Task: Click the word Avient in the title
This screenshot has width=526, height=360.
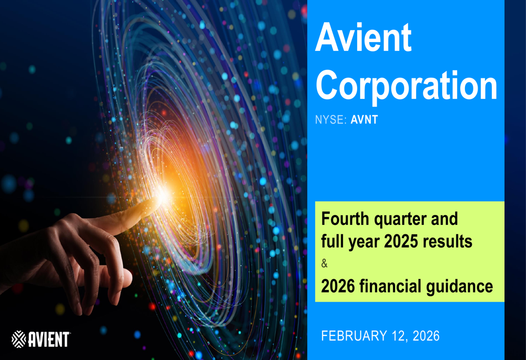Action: tap(363, 38)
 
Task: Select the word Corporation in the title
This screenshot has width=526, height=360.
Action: tap(406, 86)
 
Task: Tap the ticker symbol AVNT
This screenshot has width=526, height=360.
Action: tap(364, 120)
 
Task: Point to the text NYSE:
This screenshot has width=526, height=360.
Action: tap(331, 120)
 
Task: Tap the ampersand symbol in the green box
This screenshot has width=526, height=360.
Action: tap(324, 264)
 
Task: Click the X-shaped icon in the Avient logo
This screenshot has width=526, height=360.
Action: tap(19, 339)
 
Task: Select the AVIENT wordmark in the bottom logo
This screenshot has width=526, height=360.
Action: tap(49, 339)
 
